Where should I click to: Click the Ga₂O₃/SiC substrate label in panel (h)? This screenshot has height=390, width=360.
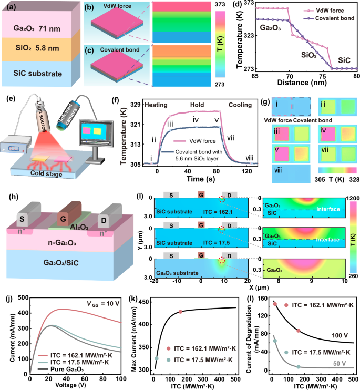(x=58, y=264)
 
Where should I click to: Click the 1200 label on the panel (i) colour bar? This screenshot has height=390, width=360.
(x=351, y=197)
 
